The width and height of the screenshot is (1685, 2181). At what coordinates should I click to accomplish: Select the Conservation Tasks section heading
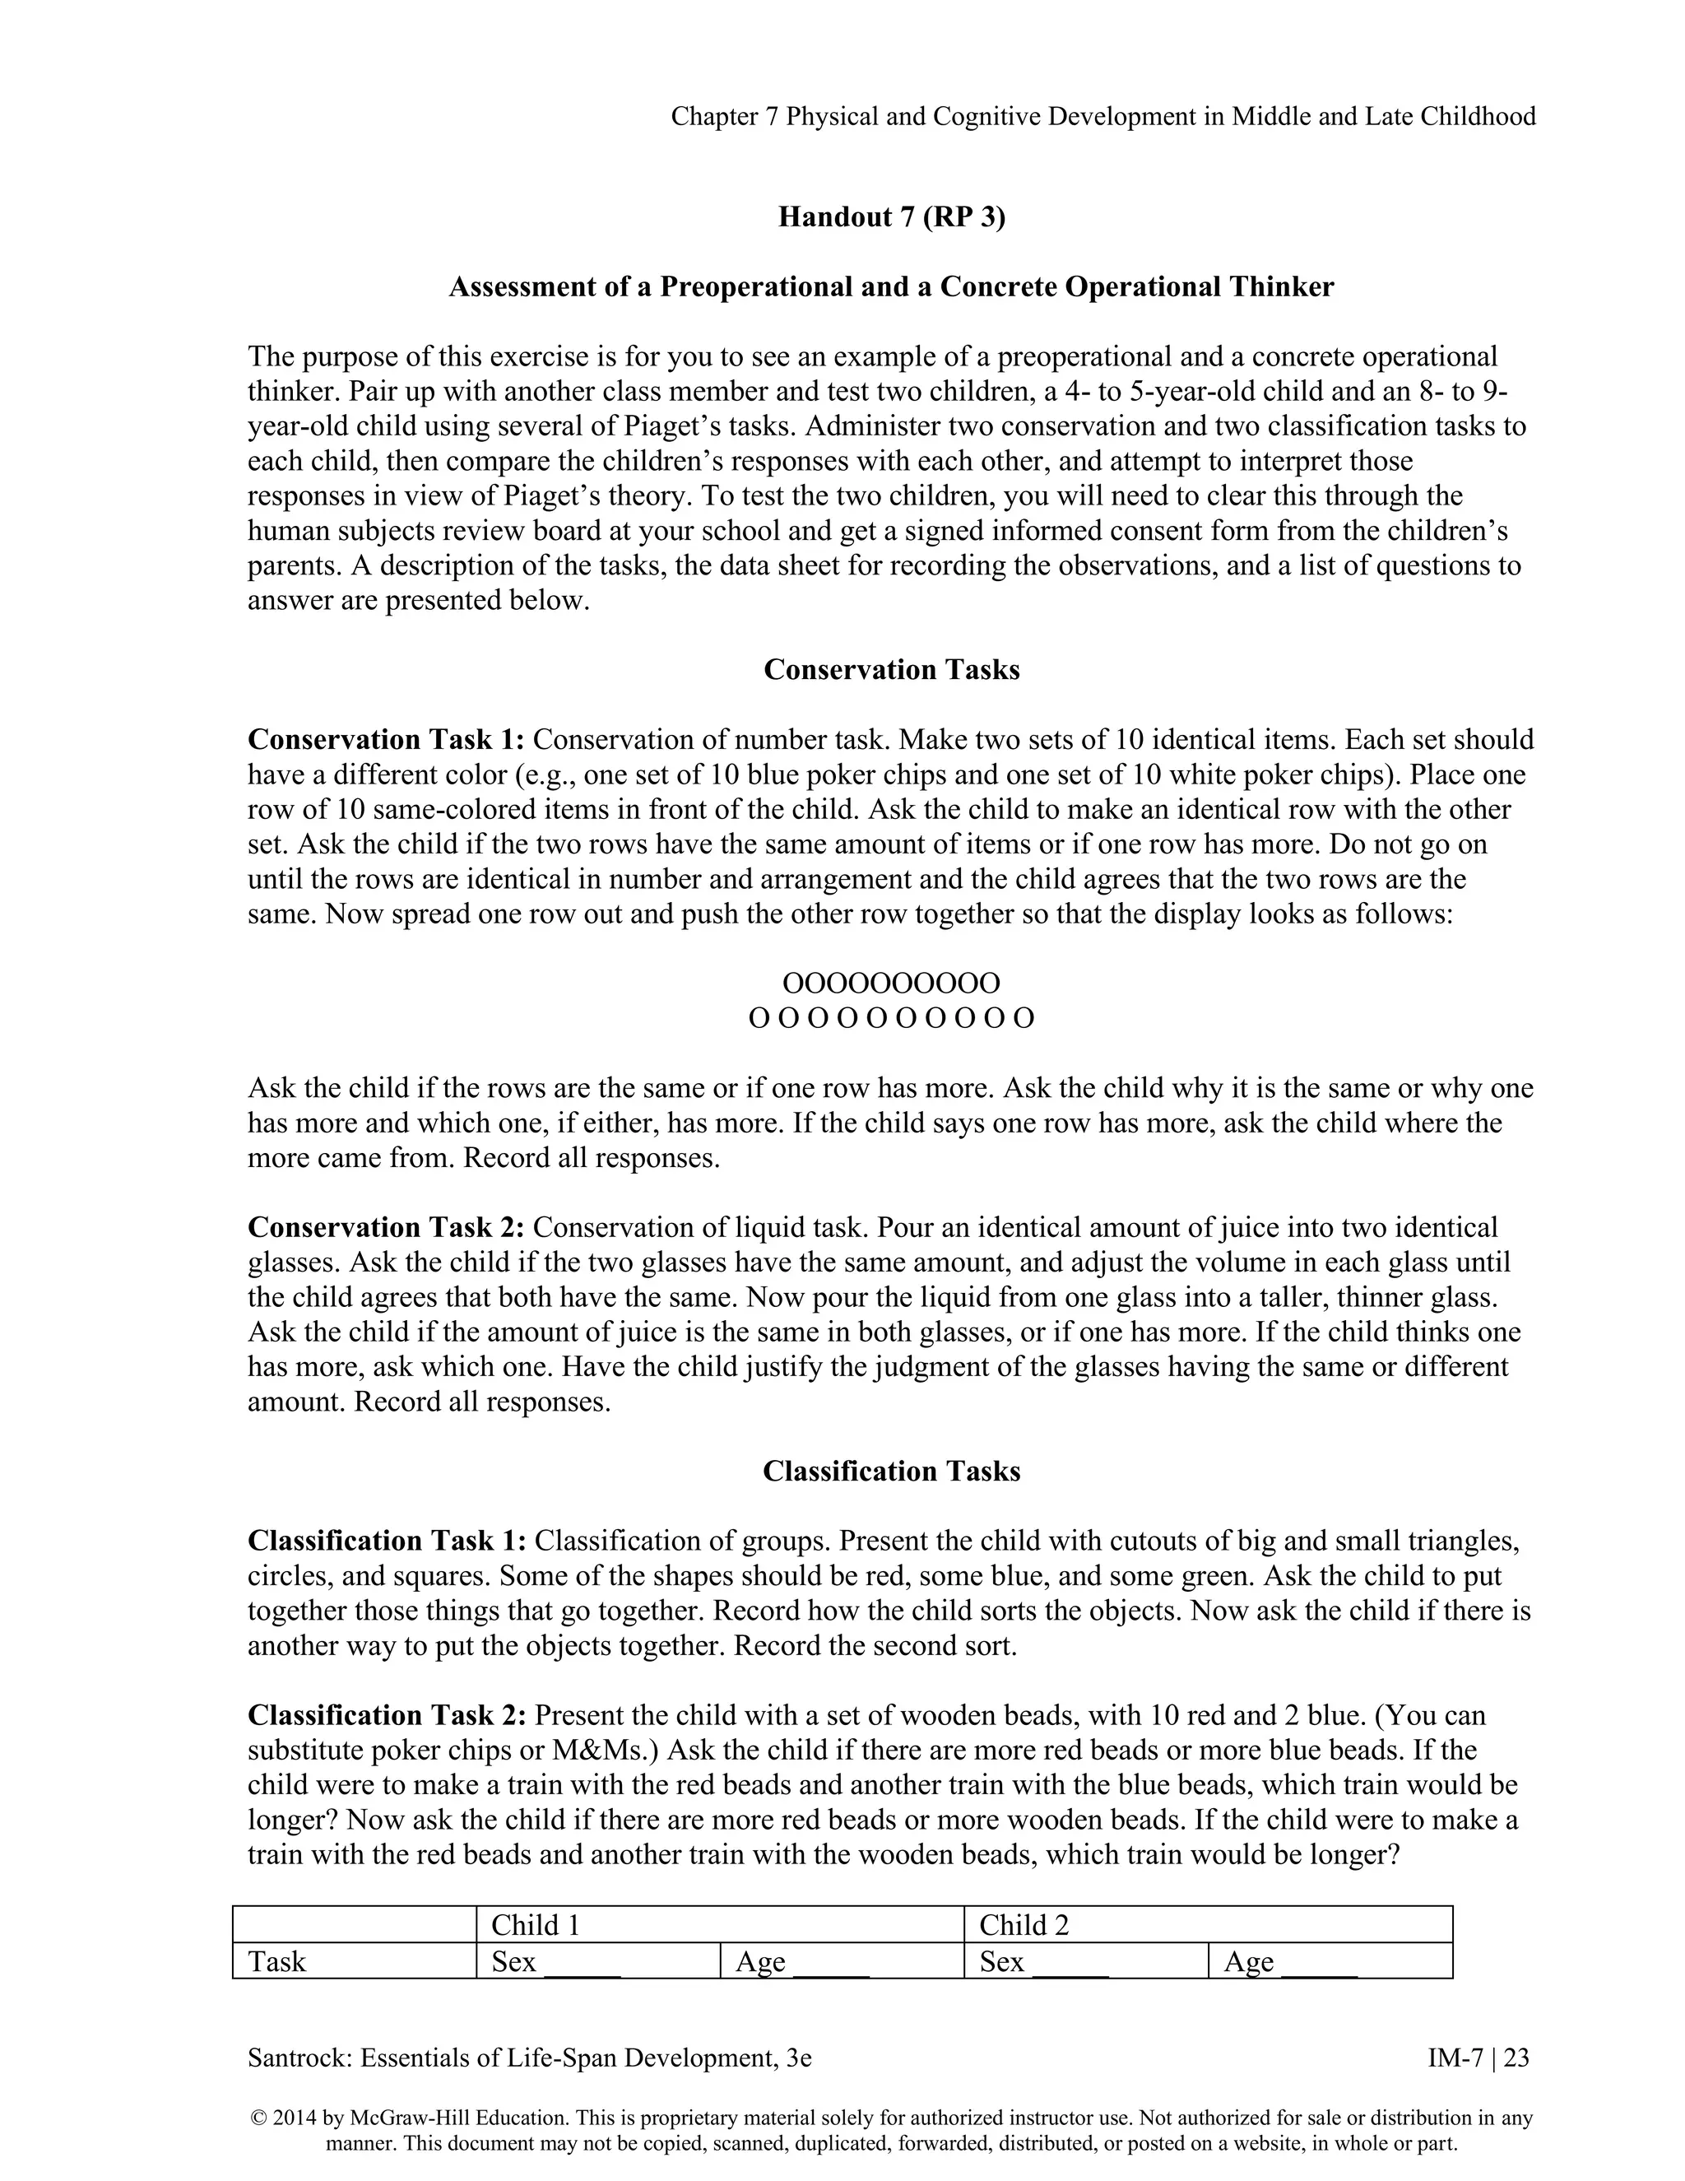coord(891,669)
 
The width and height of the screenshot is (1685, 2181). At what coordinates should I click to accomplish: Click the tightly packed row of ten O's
coord(890,984)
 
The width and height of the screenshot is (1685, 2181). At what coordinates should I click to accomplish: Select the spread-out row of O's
coord(890,1019)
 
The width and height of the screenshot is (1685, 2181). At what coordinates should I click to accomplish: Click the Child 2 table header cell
coord(1024,1925)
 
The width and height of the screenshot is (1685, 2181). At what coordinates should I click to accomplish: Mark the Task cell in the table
coord(277,1961)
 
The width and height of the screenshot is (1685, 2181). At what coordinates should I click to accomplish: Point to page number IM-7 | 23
coord(1478,2058)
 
